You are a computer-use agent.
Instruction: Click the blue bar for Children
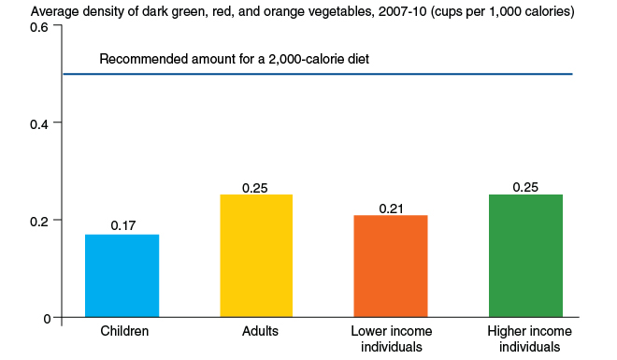click(x=122, y=276)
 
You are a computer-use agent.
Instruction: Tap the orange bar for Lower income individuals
click(x=391, y=266)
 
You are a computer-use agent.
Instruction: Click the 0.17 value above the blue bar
click(x=123, y=225)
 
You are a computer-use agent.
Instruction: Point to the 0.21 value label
click(x=391, y=208)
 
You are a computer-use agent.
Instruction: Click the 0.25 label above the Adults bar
click(x=255, y=187)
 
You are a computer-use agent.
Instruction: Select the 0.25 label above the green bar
click(x=525, y=187)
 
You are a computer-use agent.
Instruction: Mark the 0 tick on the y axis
click(x=44, y=318)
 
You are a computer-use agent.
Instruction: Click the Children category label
click(x=123, y=331)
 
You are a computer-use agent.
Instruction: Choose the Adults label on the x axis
click(x=255, y=331)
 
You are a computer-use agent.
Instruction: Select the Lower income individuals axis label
click(x=391, y=338)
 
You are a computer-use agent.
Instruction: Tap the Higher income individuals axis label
click(x=525, y=338)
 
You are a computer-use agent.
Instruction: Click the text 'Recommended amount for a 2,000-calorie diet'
click(x=235, y=60)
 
